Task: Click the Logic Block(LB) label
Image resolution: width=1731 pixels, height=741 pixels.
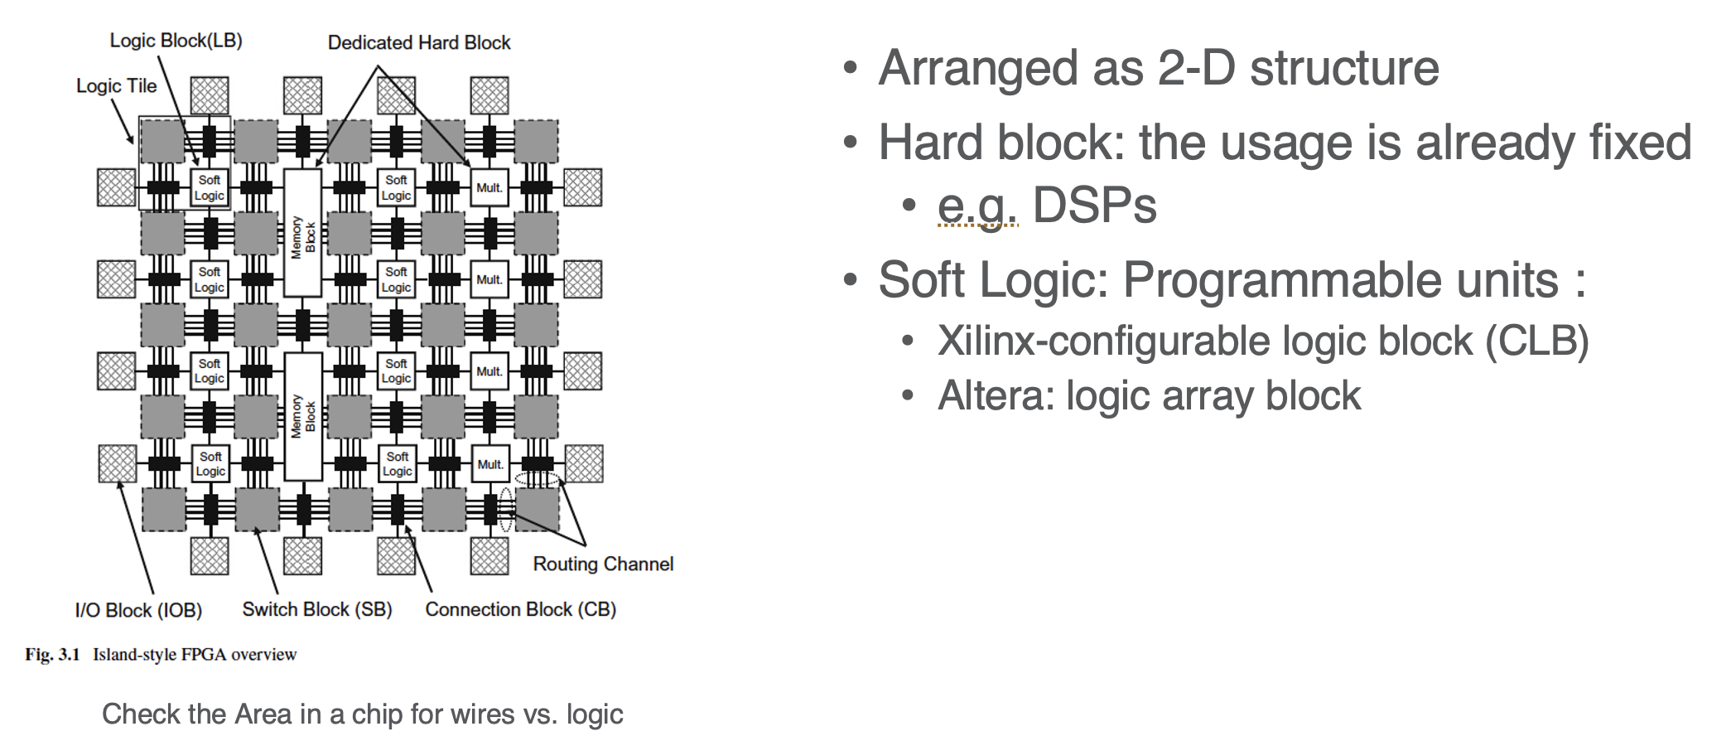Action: pos(176,41)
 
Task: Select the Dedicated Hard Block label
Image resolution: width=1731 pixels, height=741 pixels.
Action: pos(419,43)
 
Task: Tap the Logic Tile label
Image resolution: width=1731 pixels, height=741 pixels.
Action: pos(116,86)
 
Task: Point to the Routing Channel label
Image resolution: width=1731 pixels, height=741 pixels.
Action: pos(603,564)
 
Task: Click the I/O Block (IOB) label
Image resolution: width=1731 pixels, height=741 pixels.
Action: pos(138,611)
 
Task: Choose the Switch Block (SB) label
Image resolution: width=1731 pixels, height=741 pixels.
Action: pos(317,610)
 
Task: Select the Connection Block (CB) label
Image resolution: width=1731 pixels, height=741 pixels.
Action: pos(520,610)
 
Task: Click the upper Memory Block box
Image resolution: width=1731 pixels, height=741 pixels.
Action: pos(303,234)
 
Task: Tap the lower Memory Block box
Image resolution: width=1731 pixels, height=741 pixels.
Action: pos(303,416)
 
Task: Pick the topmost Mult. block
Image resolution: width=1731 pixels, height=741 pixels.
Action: pos(489,188)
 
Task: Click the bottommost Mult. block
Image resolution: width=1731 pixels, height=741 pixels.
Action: pos(490,464)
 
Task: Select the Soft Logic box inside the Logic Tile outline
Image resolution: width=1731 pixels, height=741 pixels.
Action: pos(210,188)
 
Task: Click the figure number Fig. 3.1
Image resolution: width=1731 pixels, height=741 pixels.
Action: pos(52,655)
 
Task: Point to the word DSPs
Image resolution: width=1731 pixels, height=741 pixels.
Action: pos(1094,205)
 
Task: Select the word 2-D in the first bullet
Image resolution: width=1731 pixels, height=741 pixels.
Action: pos(1197,68)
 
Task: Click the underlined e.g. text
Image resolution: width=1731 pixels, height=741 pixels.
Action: pos(977,205)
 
